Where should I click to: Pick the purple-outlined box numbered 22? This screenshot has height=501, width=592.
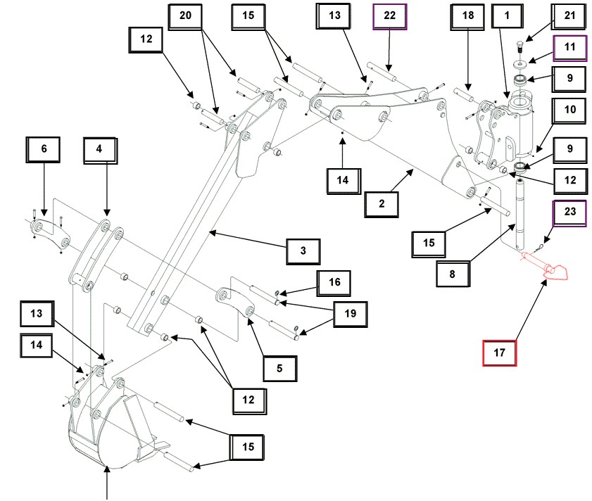388,16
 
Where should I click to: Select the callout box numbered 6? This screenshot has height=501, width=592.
44,148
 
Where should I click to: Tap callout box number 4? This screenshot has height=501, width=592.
99,148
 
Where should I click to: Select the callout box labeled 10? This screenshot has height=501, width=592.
569,110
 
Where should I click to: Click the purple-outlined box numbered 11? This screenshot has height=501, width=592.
569,49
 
